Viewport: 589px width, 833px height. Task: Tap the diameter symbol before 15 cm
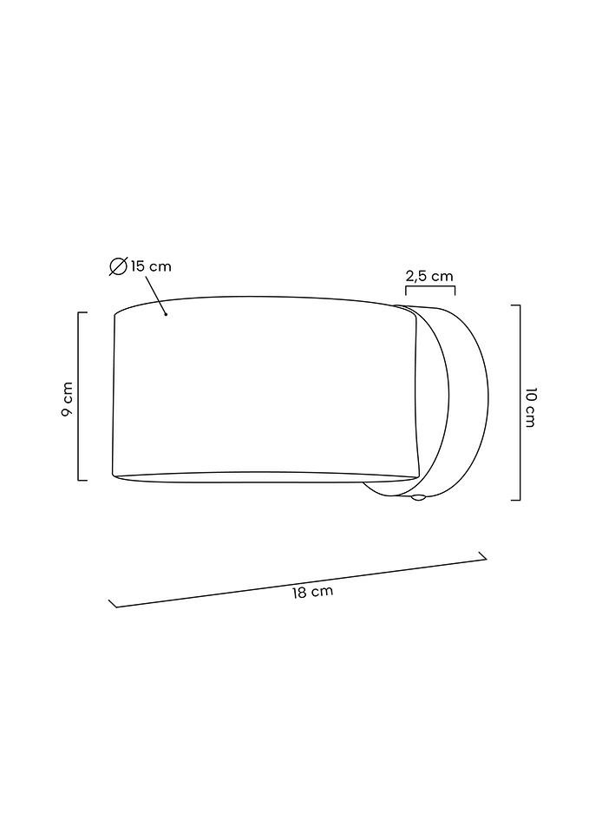click(118, 266)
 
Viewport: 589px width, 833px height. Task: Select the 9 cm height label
click(67, 399)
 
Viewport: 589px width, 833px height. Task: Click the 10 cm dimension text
click(530, 408)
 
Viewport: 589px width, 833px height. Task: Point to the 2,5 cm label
click(429, 276)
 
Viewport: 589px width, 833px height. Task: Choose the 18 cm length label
click(312, 592)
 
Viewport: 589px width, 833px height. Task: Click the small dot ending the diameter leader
click(167, 314)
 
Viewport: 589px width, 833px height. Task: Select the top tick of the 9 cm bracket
click(82, 312)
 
